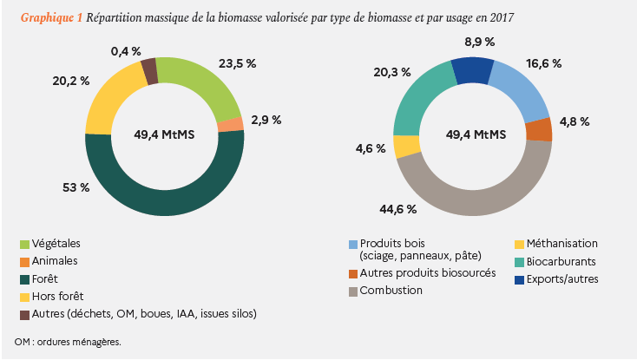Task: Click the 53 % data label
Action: point(78,187)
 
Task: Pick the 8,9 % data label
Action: point(480,42)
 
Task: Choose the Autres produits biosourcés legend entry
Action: point(428,273)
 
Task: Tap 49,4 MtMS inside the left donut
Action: point(164,134)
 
